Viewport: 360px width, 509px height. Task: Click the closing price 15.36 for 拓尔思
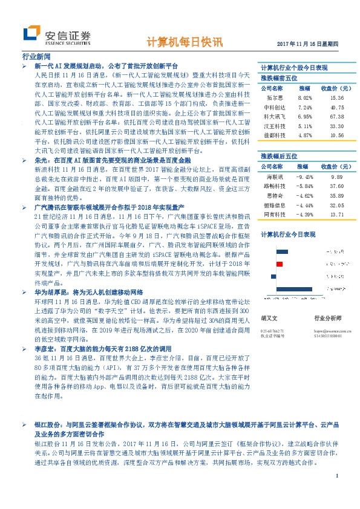point(337,97)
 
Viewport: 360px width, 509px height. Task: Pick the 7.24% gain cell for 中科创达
point(305,107)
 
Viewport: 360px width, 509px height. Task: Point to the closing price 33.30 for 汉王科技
point(337,126)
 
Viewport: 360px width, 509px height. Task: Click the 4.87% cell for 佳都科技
point(305,136)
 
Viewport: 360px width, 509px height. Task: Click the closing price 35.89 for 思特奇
point(337,196)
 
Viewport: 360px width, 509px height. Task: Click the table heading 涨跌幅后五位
point(279,156)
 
